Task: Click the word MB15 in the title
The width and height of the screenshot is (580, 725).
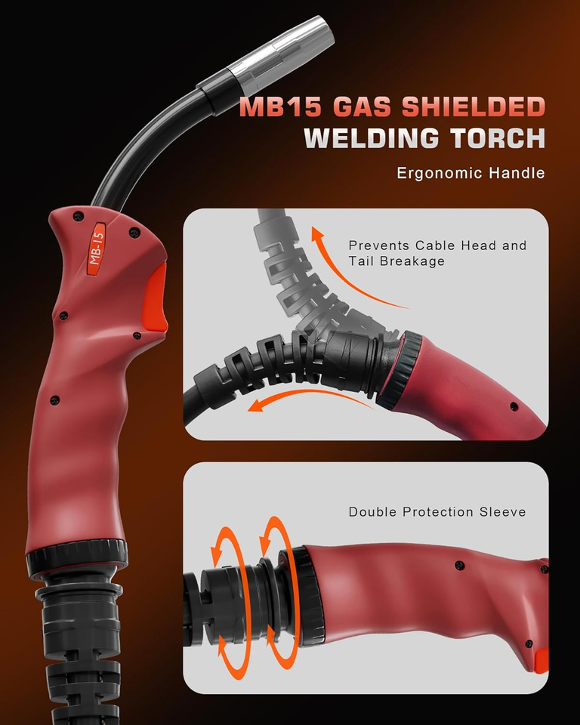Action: point(280,107)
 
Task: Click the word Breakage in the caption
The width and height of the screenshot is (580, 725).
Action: point(412,261)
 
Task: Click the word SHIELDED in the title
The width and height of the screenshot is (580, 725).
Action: point(474,107)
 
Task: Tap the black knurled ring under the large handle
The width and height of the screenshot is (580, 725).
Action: point(77,556)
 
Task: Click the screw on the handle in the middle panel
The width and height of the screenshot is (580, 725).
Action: point(514,406)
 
